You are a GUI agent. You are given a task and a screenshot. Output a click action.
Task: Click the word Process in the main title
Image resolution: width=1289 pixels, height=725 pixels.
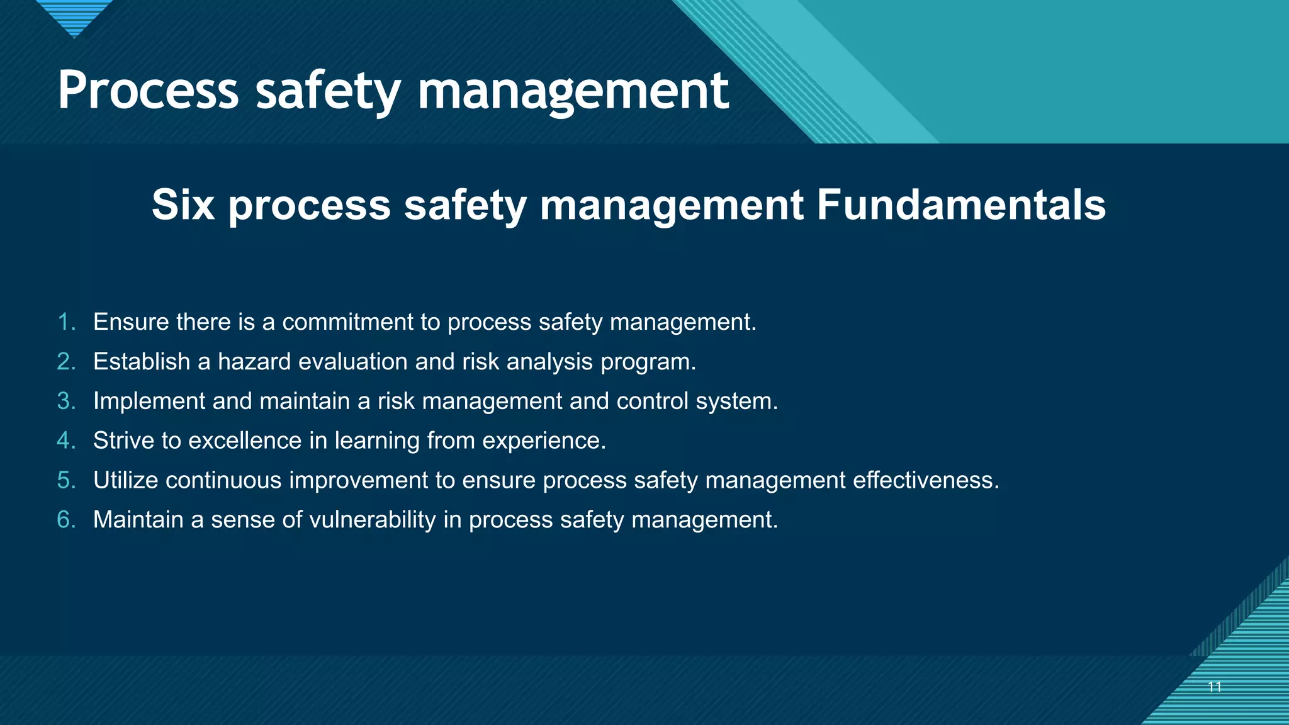[148, 91]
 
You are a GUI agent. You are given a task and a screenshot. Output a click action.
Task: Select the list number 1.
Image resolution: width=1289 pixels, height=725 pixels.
[66, 322]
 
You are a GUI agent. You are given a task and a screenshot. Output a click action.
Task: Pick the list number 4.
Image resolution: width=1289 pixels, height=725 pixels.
[66, 441]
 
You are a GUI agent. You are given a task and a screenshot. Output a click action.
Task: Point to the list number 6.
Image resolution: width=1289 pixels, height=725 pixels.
[66, 520]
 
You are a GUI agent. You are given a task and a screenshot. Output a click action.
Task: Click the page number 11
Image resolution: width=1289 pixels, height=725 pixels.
[1215, 687]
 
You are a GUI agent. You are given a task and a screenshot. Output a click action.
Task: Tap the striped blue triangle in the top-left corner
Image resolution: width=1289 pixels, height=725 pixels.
[74, 16]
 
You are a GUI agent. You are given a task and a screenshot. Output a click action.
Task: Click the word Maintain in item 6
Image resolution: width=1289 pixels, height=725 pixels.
[138, 520]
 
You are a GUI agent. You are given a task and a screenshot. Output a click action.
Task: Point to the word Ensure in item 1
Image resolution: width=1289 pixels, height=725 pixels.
[131, 322]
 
